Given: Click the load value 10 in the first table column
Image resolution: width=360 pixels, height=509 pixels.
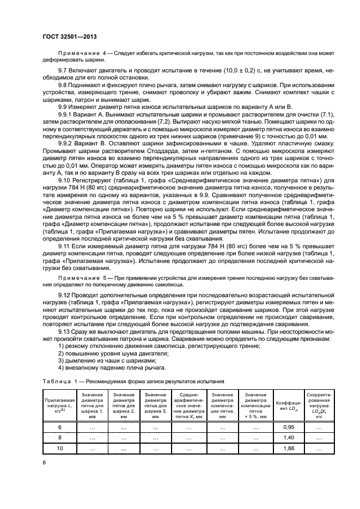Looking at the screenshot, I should point(60,447).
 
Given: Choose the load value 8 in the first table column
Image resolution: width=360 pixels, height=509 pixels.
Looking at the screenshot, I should point(60,437).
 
